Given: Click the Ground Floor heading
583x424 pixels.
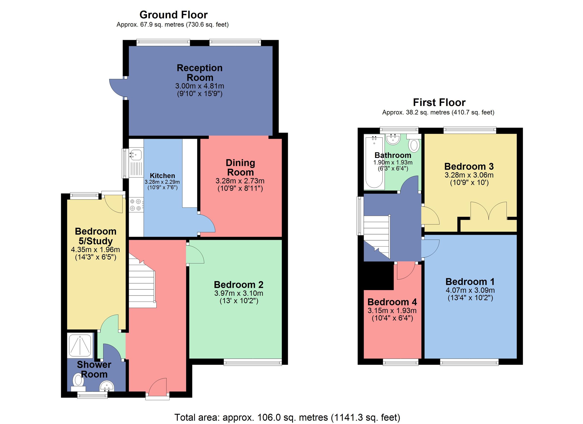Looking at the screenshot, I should pos(173,15).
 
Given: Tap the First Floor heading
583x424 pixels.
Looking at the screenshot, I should pos(439,103).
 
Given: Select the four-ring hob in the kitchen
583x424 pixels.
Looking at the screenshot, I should pos(136,205).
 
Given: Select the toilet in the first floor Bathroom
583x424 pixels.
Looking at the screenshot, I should pos(414,145).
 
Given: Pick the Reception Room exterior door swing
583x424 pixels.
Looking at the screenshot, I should pos(117,88).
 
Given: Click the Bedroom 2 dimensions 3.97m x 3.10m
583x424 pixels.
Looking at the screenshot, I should pos(239,293).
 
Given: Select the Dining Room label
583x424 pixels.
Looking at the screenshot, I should pos(240,167).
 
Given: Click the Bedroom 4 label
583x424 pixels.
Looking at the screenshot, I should pos(392,302).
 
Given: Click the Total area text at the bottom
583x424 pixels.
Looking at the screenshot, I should pos(287,417).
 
